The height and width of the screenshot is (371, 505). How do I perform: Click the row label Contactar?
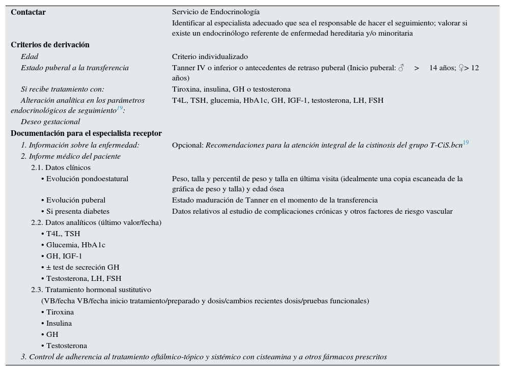29,12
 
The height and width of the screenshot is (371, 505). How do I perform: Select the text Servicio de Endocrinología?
215,12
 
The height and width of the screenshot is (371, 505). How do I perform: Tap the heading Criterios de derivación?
50,45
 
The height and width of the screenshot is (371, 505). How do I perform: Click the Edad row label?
30,56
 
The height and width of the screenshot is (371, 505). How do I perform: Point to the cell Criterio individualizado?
210,56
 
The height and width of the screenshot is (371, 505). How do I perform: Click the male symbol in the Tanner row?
401,68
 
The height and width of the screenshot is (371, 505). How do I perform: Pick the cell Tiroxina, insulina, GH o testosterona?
231,89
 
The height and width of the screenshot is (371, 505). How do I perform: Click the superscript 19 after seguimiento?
120,108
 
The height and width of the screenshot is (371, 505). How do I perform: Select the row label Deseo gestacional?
50,122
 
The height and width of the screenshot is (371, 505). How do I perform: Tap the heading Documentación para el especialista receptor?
86,133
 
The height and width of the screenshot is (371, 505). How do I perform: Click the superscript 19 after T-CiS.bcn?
466,143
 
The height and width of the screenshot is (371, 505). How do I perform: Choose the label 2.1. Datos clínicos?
61,167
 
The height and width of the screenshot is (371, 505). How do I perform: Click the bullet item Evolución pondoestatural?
87,179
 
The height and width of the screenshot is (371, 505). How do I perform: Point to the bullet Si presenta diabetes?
77,211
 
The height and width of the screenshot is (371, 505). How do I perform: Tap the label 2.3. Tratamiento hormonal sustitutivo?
91,290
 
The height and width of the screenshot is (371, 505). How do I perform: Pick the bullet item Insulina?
59,323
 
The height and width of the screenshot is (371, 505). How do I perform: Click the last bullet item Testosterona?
66,346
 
